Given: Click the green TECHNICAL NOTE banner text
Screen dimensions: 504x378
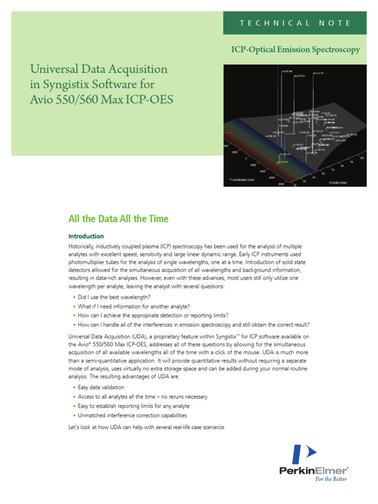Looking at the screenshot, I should coord(294,23).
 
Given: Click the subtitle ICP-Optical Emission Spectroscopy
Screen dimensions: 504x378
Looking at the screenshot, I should coord(295,50).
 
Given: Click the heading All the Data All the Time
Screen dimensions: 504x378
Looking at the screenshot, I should coord(118,219).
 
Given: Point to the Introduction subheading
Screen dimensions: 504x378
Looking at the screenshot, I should coord(86,236).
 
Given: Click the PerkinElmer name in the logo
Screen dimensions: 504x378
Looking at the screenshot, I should coord(313,471).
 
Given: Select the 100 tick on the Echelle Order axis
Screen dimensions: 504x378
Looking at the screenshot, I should coord(362,158).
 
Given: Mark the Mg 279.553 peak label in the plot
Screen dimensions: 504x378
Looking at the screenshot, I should coord(299,76).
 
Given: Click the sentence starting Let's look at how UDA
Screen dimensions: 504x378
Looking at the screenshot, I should coord(147,428).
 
